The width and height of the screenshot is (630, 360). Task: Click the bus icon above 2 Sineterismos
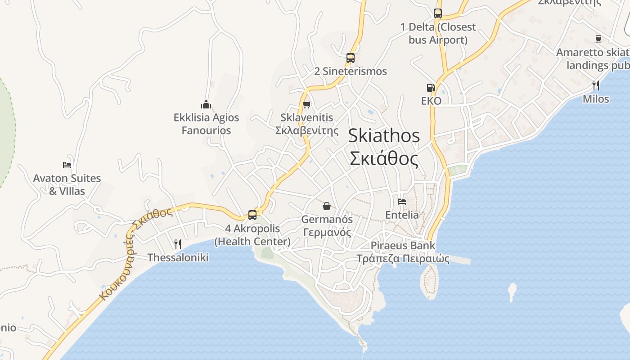(351, 58)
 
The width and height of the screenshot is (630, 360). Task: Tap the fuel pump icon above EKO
(431, 88)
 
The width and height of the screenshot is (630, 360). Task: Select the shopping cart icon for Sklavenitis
(307, 105)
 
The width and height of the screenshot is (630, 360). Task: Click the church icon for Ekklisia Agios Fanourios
(206, 105)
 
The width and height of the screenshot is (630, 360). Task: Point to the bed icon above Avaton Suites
(67, 165)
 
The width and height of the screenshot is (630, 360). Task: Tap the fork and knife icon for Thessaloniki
(178, 244)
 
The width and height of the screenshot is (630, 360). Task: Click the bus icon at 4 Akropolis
(252, 215)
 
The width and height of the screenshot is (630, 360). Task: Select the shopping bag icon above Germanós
(327, 207)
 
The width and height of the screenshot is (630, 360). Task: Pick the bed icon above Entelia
(402, 202)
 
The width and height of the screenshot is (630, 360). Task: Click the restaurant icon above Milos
(596, 85)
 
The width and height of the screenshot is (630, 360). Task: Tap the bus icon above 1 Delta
(438, 13)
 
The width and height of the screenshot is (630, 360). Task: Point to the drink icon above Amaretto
(598, 39)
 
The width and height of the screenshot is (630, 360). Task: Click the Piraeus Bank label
(403, 246)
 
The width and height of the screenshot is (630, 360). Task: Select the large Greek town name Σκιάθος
(384, 158)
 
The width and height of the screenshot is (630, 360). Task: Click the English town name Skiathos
(384, 135)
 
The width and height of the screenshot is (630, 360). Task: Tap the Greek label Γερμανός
(327, 233)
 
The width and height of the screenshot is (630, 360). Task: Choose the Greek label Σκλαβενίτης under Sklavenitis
(307, 131)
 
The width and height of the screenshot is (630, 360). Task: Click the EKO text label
(431, 101)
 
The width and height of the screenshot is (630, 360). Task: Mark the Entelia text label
(402, 215)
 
